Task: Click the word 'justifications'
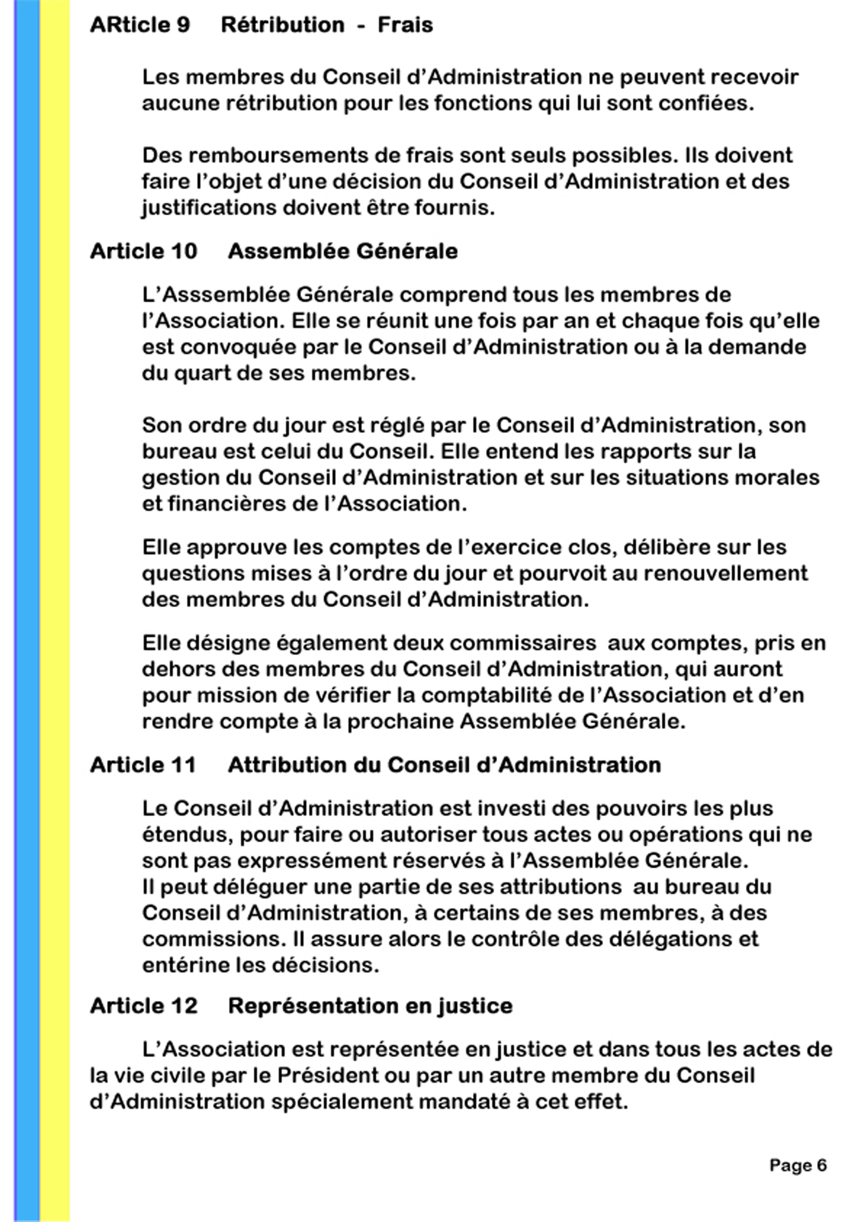[x=208, y=208]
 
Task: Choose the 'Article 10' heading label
[x=144, y=251]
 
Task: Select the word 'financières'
[x=228, y=503]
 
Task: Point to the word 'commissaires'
[x=523, y=643]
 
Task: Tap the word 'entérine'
[x=185, y=965]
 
